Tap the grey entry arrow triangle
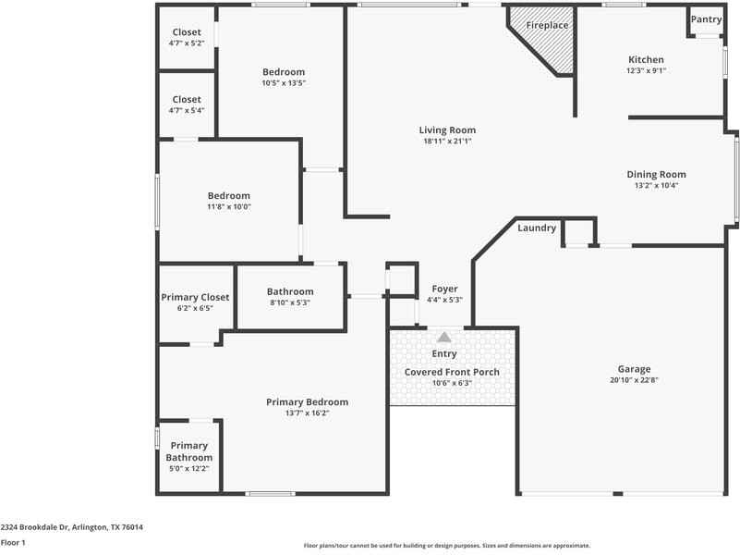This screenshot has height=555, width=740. click(444, 337)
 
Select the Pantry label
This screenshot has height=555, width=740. click(706, 19)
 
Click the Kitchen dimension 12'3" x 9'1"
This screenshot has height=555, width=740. click(646, 71)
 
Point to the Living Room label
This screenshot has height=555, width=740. click(447, 129)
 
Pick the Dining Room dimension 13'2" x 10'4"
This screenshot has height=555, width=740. click(656, 186)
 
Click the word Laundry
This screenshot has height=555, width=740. click(537, 228)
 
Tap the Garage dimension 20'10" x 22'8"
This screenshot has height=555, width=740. click(634, 380)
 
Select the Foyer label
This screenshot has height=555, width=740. click(444, 289)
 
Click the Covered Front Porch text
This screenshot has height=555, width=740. click(452, 372)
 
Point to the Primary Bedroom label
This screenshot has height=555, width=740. click(308, 402)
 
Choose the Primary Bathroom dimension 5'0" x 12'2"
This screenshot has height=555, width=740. click(188, 469)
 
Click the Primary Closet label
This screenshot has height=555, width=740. click(195, 298)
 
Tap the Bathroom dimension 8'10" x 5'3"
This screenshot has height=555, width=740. click(290, 302)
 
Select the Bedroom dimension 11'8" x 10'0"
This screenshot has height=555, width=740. click(229, 207)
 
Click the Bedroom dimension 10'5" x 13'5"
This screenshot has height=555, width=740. click(284, 83)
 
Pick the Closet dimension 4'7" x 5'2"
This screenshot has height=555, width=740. click(187, 43)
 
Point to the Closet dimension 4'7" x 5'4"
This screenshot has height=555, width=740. click(187, 110)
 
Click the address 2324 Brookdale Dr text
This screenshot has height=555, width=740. click(34, 527)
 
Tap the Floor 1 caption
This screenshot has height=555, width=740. click(13, 543)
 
